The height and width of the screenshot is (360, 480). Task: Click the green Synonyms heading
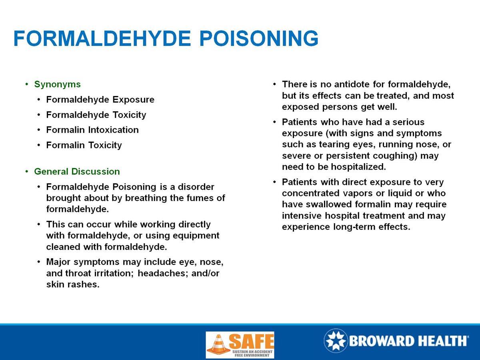57,84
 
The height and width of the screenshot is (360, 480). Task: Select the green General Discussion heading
77,172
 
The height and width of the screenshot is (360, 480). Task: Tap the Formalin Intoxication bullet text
92,130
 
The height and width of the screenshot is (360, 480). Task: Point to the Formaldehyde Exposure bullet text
100,100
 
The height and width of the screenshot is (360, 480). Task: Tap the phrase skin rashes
72,285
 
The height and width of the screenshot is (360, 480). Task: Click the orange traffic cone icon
218,344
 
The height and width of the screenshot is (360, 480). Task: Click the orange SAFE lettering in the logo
251,341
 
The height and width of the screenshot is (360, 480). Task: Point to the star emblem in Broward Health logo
335,341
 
